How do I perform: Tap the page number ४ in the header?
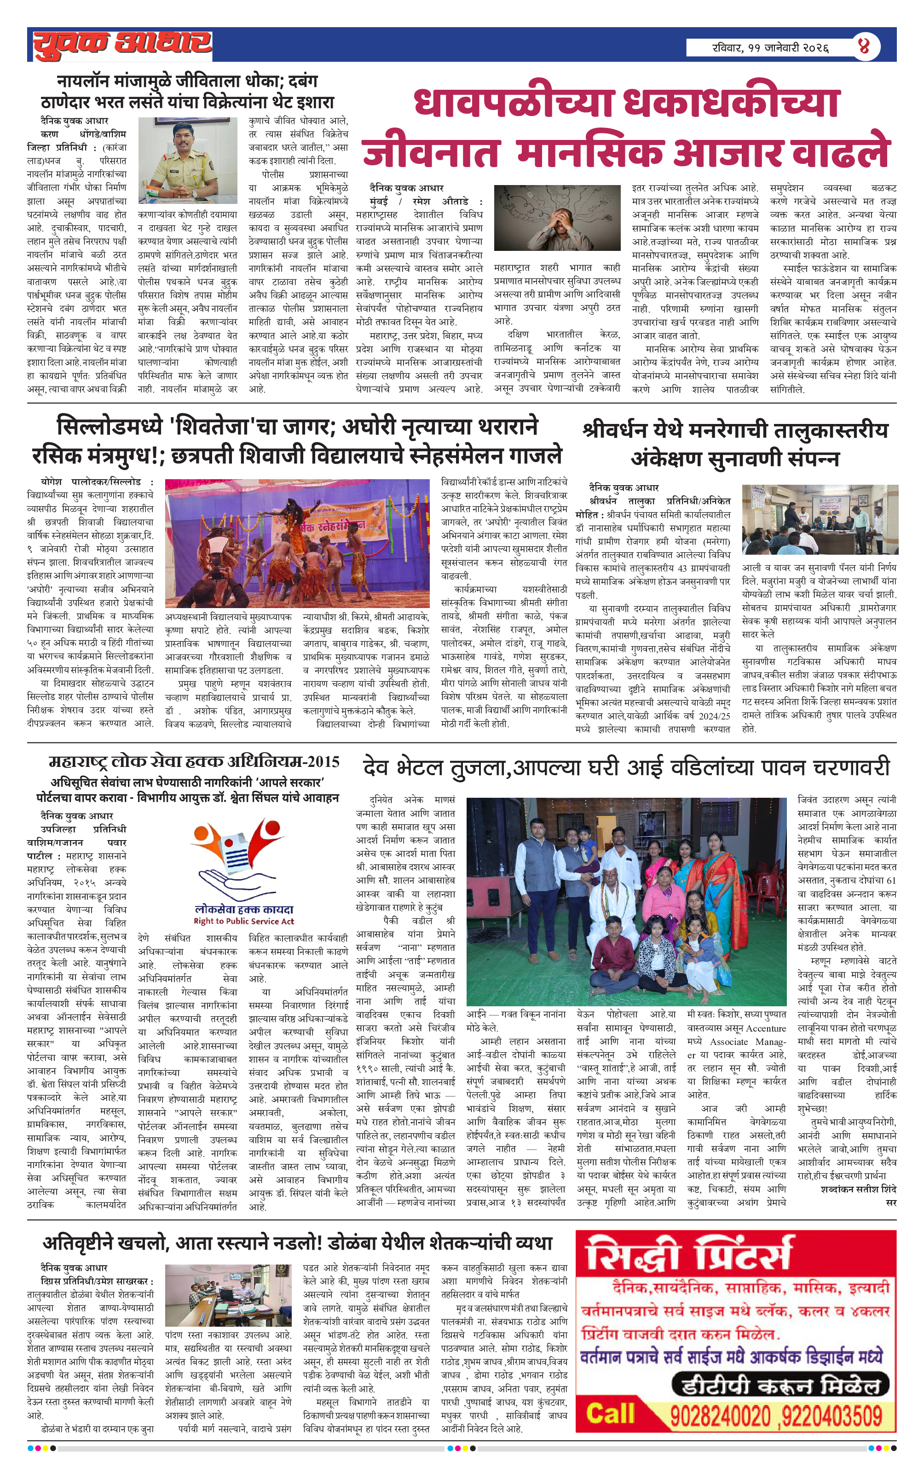point(864,46)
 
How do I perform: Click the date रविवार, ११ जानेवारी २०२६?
point(770,47)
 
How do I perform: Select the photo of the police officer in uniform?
point(187,160)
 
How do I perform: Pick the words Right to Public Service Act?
point(244,921)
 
